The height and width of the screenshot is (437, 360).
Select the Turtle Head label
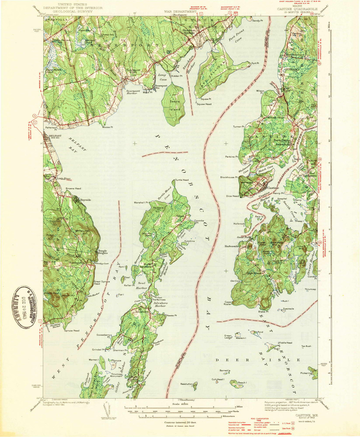tap(182, 180)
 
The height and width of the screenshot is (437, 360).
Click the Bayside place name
tap(85, 200)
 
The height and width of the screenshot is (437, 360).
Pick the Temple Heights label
tap(103, 252)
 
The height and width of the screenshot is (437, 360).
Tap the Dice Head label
tap(232, 196)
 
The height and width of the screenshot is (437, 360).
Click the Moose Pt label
tap(108, 127)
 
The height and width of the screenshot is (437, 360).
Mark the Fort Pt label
tap(255, 63)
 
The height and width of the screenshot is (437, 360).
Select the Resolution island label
tap(187, 384)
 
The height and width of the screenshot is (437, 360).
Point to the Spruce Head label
tap(72, 330)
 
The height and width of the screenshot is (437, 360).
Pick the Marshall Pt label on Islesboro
tap(142, 202)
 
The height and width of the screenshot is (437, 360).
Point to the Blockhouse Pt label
tap(229, 177)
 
